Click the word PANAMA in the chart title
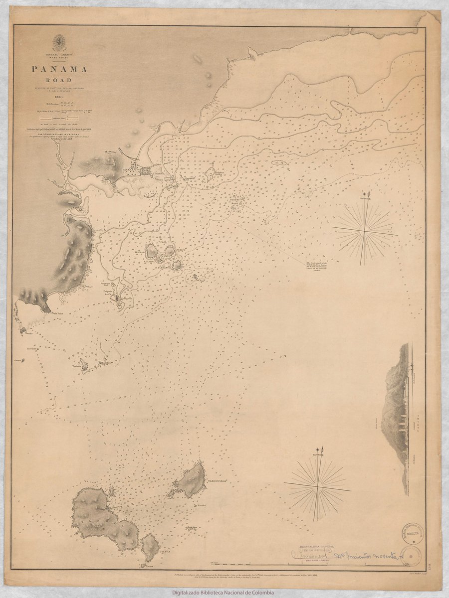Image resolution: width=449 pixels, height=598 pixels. (60, 69)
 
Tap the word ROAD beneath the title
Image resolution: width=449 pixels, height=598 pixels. (60, 80)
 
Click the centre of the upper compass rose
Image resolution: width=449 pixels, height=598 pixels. (365, 230)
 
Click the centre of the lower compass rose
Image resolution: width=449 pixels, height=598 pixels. (318, 484)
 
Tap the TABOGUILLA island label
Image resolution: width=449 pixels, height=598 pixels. (216, 481)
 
